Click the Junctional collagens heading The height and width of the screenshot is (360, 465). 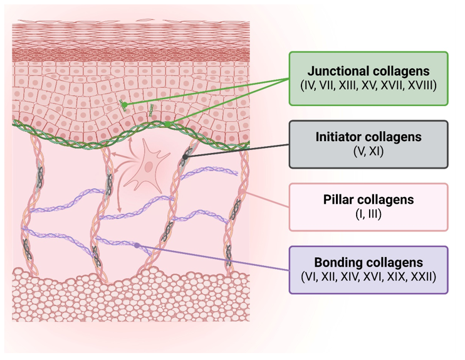click(x=368, y=71)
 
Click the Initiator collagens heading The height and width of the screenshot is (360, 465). click(x=368, y=137)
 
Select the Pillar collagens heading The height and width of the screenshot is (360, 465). click(x=368, y=200)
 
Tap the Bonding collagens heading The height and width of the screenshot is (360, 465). click(x=368, y=262)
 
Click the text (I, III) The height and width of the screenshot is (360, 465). click(x=368, y=214)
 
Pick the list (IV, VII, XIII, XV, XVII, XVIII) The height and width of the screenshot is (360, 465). click(x=368, y=85)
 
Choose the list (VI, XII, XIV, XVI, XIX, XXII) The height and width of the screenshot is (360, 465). click(x=368, y=276)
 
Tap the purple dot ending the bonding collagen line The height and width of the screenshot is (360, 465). click(x=137, y=245)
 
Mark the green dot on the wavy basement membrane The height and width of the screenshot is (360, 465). click(x=169, y=125)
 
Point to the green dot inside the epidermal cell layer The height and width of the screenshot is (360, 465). click(x=125, y=104)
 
